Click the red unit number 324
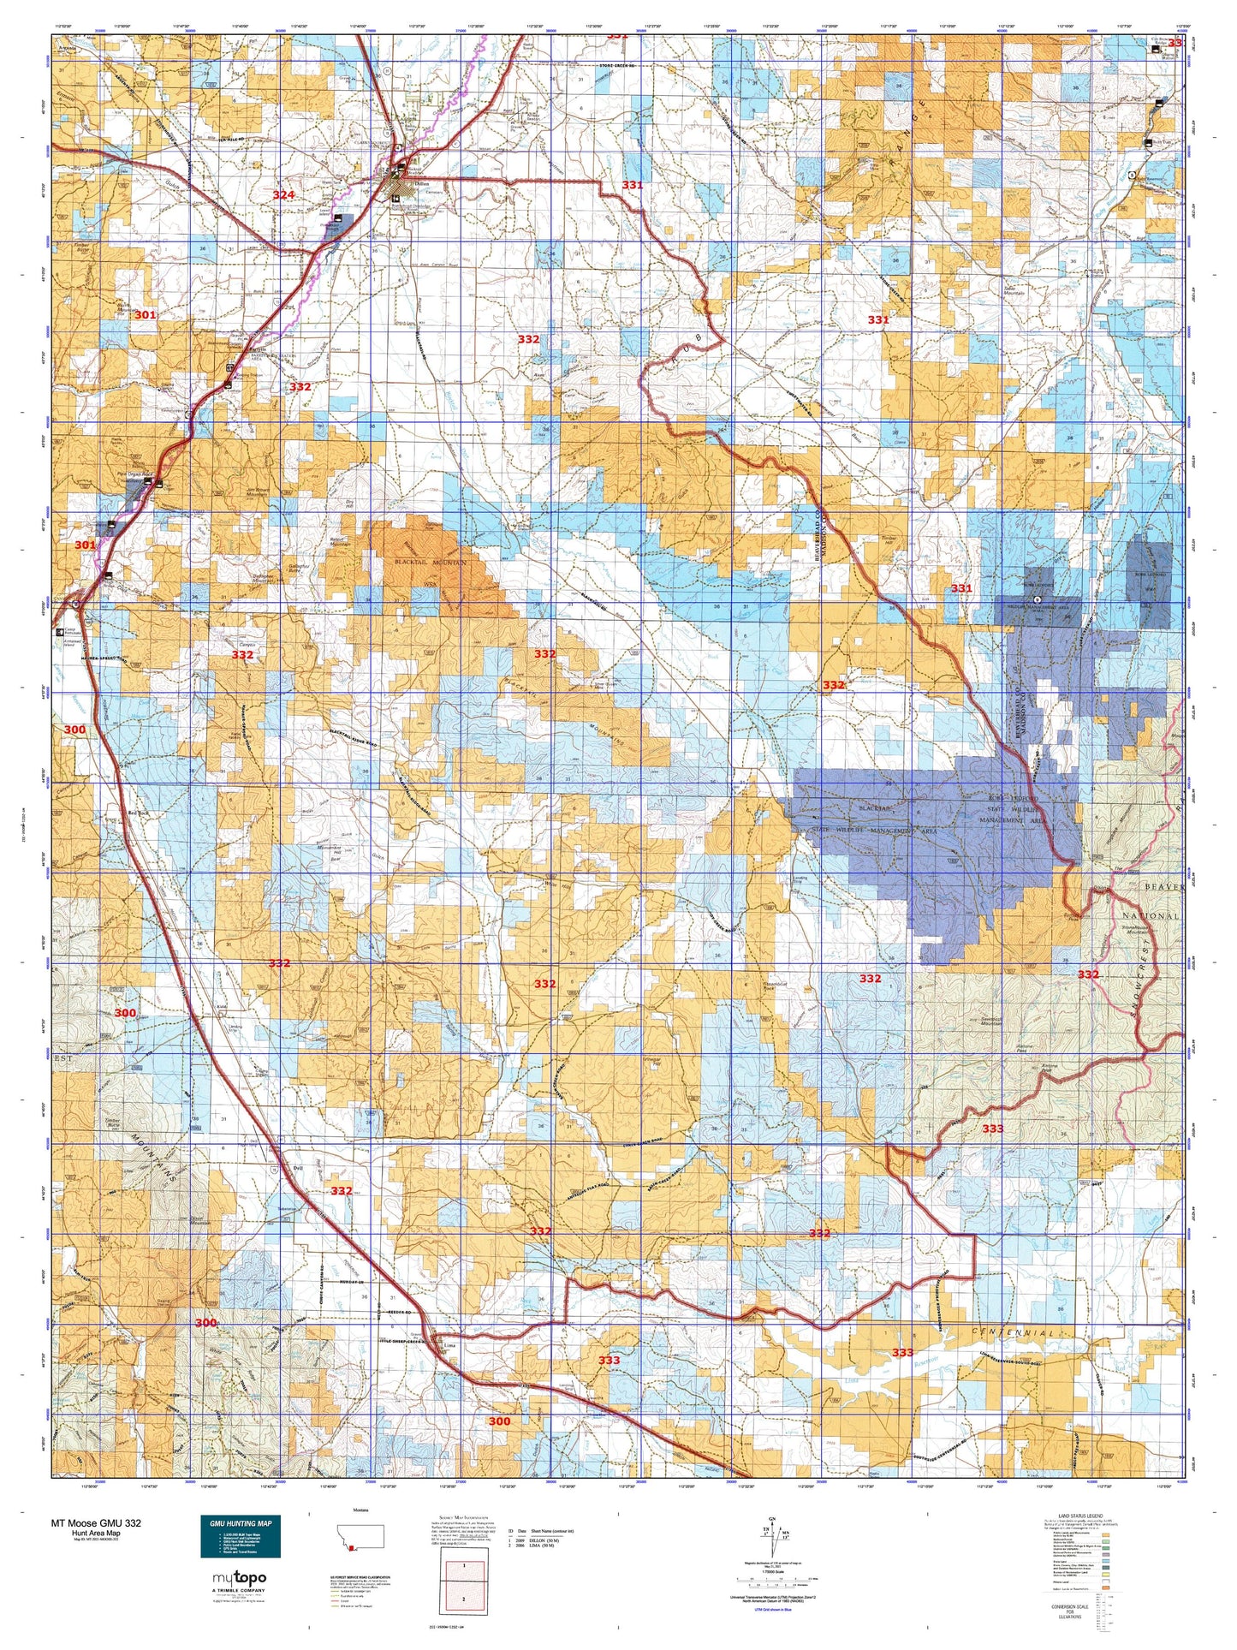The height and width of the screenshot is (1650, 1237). [x=283, y=195]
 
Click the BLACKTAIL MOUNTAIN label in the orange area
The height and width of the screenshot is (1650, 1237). [x=431, y=563]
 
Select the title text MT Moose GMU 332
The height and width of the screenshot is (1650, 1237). [x=96, y=1523]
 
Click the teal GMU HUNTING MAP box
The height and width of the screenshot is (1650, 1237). [x=242, y=1537]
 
